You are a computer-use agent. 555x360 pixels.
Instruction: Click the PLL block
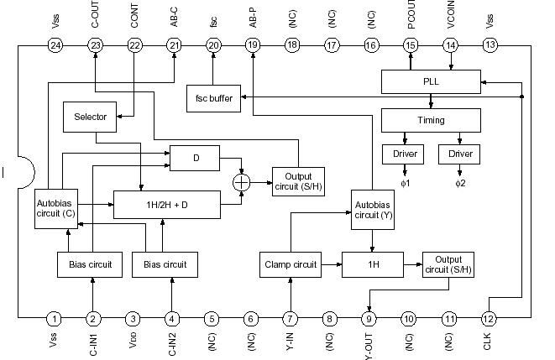point(430,82)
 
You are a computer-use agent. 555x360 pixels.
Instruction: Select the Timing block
point(430,120)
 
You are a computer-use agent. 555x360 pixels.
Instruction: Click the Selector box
point(90,117)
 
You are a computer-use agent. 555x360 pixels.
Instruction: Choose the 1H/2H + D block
point(166,204)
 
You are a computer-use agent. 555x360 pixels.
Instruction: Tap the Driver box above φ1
point(404,155)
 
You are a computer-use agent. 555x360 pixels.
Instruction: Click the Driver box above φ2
point(460,155)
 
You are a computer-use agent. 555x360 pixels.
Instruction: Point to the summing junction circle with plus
point(243,180)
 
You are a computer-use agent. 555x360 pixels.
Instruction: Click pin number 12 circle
point(489,318)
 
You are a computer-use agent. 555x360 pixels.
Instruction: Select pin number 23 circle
point(95,44)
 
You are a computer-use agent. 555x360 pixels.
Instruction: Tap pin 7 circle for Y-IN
point(291,318)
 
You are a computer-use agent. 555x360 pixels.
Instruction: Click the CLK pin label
point(489,342)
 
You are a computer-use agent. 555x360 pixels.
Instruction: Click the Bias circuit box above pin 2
point(90,265)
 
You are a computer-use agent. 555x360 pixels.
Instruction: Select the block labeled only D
point(194,156)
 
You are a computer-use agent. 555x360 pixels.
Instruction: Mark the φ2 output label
point(460,182)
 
